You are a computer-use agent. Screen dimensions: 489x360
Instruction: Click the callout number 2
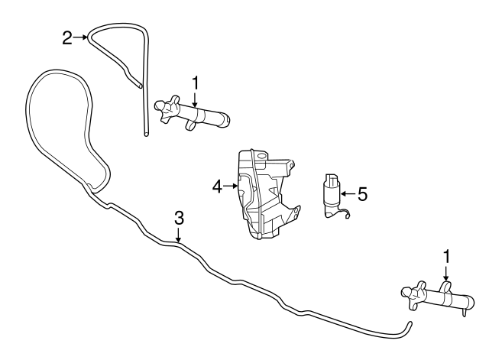click(x=67, y=37)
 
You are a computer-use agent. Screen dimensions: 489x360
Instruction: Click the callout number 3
click(x=179, y=218)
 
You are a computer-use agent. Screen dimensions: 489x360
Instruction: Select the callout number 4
click(x=217, y=186)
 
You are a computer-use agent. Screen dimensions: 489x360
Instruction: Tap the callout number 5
click(x=362, y=193)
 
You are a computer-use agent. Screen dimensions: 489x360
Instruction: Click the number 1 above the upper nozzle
click(x=196, y=83)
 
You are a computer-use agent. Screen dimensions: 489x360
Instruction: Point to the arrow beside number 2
click(x=80, y=37)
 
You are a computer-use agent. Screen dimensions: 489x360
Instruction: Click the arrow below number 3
click(x=178, y=235)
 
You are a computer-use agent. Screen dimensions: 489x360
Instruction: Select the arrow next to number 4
click(x=231, y=186)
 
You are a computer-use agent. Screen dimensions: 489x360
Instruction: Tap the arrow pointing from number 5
click(x=348, y=193)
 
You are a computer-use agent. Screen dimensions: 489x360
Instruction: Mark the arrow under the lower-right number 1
click(x=446, y=274)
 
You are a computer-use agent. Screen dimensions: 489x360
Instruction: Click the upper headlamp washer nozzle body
click(x=191, y=113)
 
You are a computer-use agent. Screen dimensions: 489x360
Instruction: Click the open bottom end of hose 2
click(x=146, y=135)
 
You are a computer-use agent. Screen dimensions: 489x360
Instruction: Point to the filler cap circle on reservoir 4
click(x=263, y=155)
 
